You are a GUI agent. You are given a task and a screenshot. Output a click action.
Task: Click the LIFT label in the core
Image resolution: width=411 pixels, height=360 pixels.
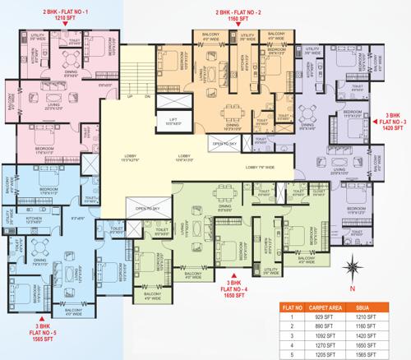(173, 121)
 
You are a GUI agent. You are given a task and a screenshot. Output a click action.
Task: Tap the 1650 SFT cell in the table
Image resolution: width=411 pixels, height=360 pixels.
(376, 336)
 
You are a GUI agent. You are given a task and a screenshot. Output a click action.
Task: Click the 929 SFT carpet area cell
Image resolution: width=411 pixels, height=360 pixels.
(329, 315)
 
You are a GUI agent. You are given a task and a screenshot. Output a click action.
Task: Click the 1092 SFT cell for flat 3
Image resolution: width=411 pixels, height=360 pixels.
(329, 325)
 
